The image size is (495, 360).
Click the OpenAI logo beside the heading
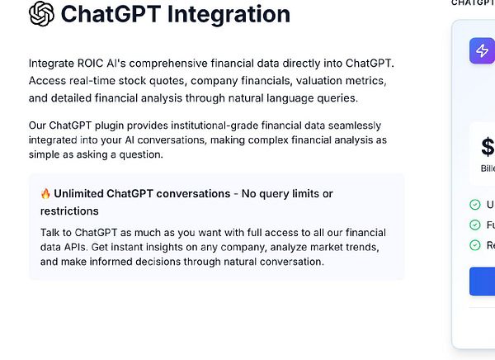tap(41, 13)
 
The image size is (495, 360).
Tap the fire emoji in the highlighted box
tap(45, 194)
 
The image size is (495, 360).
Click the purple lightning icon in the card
tap(482, 50)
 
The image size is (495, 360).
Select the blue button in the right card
tap(483, 281)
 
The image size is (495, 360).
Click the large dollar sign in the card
tap(488, 147)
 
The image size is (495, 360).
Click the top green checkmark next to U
tap(474, 205)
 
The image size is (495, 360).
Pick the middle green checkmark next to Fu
tap(474, 225)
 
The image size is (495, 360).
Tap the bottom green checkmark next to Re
tap(474, 244)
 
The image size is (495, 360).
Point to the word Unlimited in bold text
tap(82, 194)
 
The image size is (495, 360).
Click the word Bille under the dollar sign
tap(488, 168)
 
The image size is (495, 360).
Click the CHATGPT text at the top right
tap(473, 2)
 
